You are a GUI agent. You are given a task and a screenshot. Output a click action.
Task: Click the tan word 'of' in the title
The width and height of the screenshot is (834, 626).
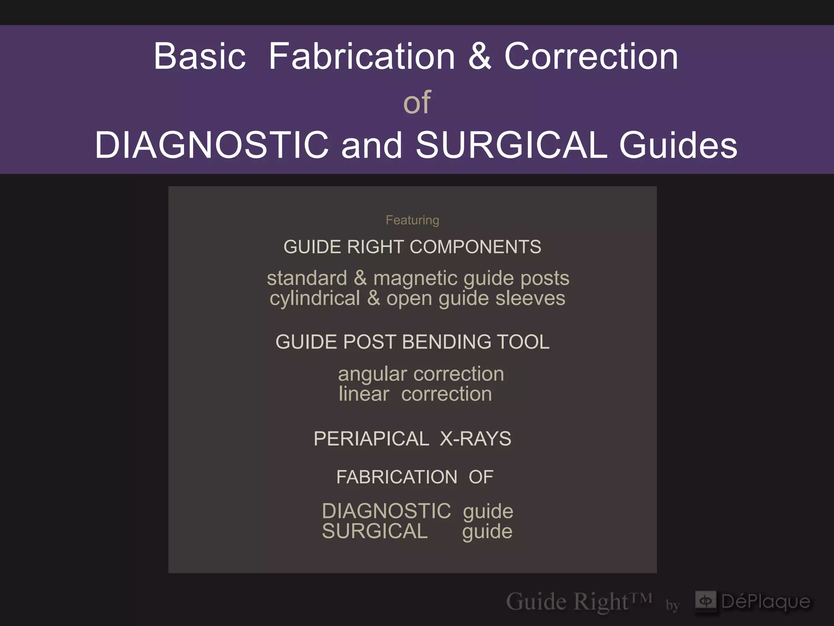(417, 102)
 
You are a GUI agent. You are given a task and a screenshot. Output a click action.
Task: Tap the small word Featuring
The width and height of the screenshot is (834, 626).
(412, 220)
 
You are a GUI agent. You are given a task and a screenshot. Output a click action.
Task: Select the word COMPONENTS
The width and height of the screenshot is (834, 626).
(475, 247)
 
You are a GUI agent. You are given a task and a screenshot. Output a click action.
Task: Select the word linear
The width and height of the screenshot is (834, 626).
(364, 394)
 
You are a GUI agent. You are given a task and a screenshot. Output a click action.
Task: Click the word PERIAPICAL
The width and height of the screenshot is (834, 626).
(371, 439)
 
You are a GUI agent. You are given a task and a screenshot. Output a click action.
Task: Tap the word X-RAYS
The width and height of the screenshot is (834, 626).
(475, 439)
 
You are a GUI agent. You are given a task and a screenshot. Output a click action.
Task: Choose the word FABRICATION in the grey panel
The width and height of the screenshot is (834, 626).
(397, 477)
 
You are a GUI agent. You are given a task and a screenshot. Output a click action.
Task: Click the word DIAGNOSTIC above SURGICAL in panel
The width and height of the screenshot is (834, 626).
(386, 511)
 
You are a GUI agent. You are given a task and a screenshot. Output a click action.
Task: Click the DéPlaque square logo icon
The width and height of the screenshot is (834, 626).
(705, 601)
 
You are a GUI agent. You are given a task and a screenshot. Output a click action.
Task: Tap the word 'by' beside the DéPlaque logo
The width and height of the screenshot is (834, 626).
(672, 605)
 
